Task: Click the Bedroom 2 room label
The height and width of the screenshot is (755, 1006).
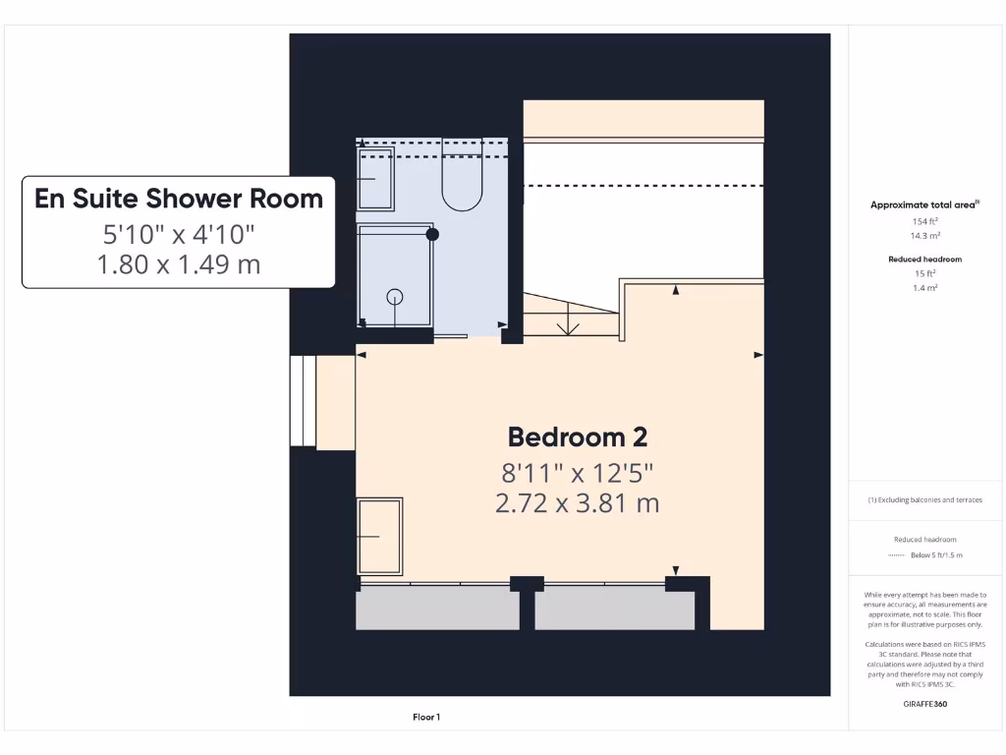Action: click(577, 437)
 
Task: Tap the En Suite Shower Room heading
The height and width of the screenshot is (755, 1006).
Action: click(179, 199)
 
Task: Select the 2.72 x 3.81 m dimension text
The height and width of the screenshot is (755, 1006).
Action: click(577, 503)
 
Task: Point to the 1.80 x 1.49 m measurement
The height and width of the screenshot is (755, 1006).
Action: click(179, 263)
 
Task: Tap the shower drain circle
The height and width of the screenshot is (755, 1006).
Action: click(395, 296)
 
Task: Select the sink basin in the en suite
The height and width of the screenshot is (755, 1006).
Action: click(375, 179)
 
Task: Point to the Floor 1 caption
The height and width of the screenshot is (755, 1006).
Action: click(425, 718)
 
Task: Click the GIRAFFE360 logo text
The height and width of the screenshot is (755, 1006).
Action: click(923, 704)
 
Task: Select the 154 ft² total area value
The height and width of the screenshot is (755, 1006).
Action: click(923, 222)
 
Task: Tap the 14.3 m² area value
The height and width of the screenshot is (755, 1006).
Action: click(923, 237)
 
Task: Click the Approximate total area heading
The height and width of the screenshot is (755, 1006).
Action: click(924, 204)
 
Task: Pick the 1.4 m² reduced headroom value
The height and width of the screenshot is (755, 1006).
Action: click(923, 289)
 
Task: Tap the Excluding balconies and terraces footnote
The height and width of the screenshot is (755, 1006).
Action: click(923, 500)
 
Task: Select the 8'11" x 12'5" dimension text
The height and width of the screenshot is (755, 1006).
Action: click(577, 473)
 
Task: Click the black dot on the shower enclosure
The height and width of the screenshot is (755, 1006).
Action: click(431, 234)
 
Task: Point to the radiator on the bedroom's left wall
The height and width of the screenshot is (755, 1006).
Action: click(379, 536)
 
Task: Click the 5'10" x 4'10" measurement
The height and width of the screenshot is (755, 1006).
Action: click(179, 234)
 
